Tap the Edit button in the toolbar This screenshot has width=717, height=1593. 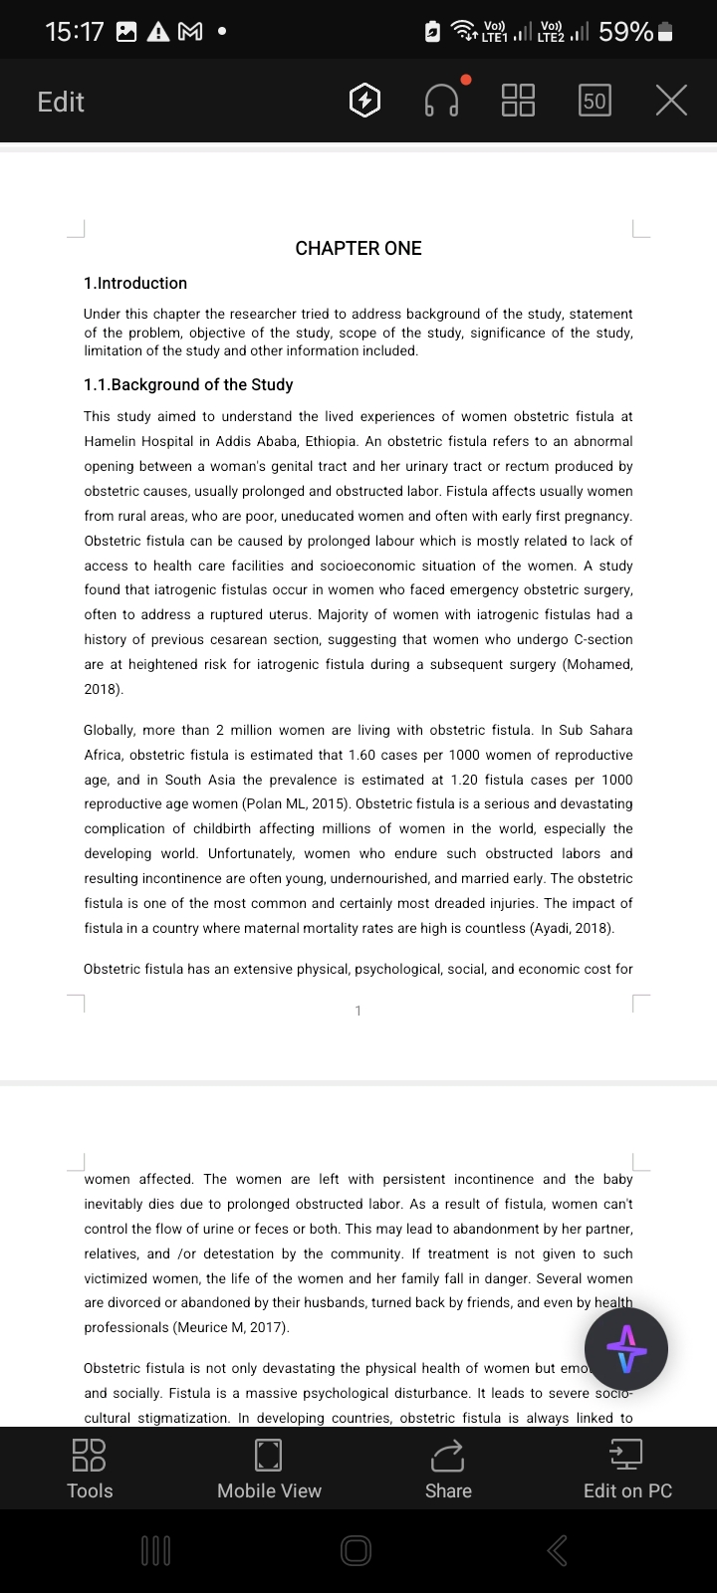(61, 102)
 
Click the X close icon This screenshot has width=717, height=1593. (672, 101)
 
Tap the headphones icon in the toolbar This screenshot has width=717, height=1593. (442, 101)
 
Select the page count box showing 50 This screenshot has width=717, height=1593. (595, 101)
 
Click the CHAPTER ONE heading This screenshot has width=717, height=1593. (358, 249)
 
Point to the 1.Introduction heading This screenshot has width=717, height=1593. (135, 284)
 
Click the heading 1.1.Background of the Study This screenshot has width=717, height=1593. (188, 385)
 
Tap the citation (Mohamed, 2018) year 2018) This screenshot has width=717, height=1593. (104, 689)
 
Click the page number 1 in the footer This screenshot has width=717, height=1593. (358, 1012)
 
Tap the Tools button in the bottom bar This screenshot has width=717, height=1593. (90, 1470)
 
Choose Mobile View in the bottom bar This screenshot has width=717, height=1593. (269, 1470)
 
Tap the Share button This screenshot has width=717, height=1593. (448, 1470)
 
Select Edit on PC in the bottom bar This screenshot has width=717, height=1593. (627, 1470)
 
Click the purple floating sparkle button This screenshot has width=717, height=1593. (626, 1350)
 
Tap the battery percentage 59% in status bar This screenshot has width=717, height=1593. (625, 32)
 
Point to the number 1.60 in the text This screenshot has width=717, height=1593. (364, 756)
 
